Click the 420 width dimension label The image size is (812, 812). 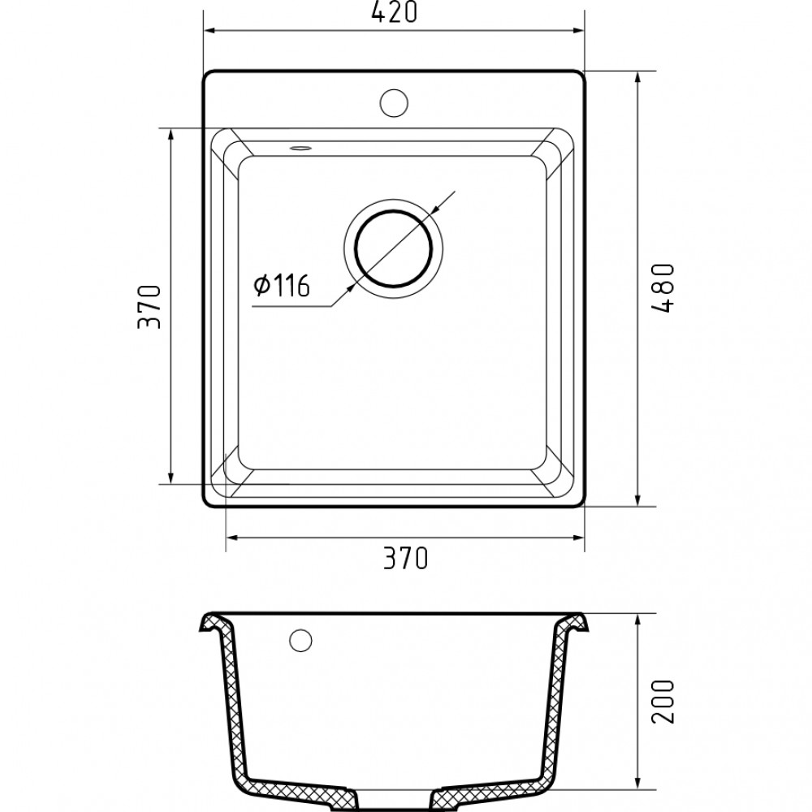click(394, 14)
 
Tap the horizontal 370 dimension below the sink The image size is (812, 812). click(404, 559)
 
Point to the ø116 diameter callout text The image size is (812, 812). click(281, 286)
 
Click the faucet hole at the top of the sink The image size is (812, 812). click(394, 101)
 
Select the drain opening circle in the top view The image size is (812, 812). click(394, 248)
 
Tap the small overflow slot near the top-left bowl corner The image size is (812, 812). click(300, 149)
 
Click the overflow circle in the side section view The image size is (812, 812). click(301, 639)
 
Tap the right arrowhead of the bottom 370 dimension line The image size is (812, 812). click(579, 538)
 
